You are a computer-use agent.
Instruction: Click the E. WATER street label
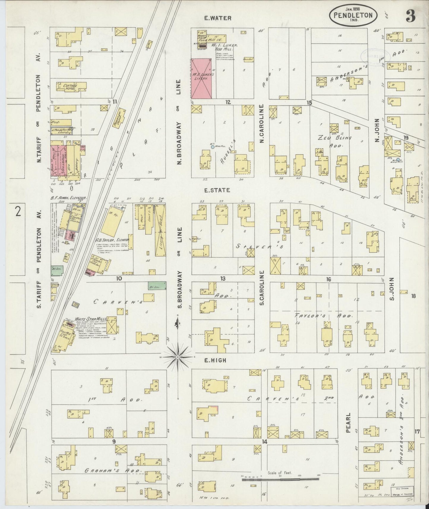tap(218, 18)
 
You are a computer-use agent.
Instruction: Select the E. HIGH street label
tap(216, 360)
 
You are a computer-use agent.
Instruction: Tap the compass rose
tap(178, 356)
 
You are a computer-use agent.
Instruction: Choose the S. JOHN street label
tap(392, 289)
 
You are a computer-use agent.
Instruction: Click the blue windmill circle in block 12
tap(212, 147)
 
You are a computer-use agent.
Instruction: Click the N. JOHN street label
tap(377, 130)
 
